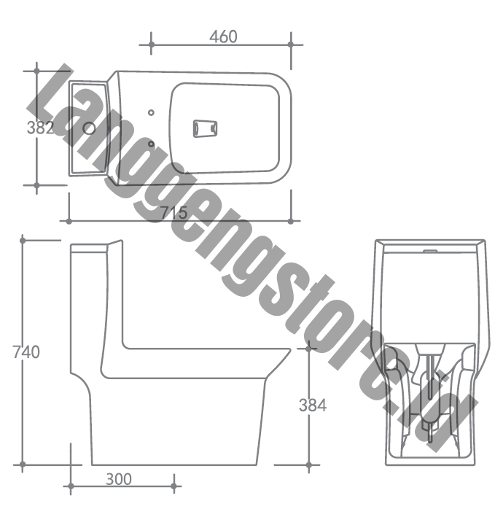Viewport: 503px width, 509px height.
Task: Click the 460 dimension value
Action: [223, 36]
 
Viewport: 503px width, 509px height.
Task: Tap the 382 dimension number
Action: [40, 128]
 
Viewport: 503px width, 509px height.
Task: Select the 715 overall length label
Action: [174, 213]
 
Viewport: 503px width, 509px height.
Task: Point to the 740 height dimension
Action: [26, 352]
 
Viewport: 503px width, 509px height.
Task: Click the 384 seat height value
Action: [313, 405]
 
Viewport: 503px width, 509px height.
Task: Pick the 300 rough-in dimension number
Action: [119, 479]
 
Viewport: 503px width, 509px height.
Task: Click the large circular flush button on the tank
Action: [89, 128]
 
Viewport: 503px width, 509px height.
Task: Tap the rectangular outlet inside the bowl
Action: [205, 128]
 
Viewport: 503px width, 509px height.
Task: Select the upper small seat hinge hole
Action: [151, 112]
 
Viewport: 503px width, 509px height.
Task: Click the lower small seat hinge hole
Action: [151, 144]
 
